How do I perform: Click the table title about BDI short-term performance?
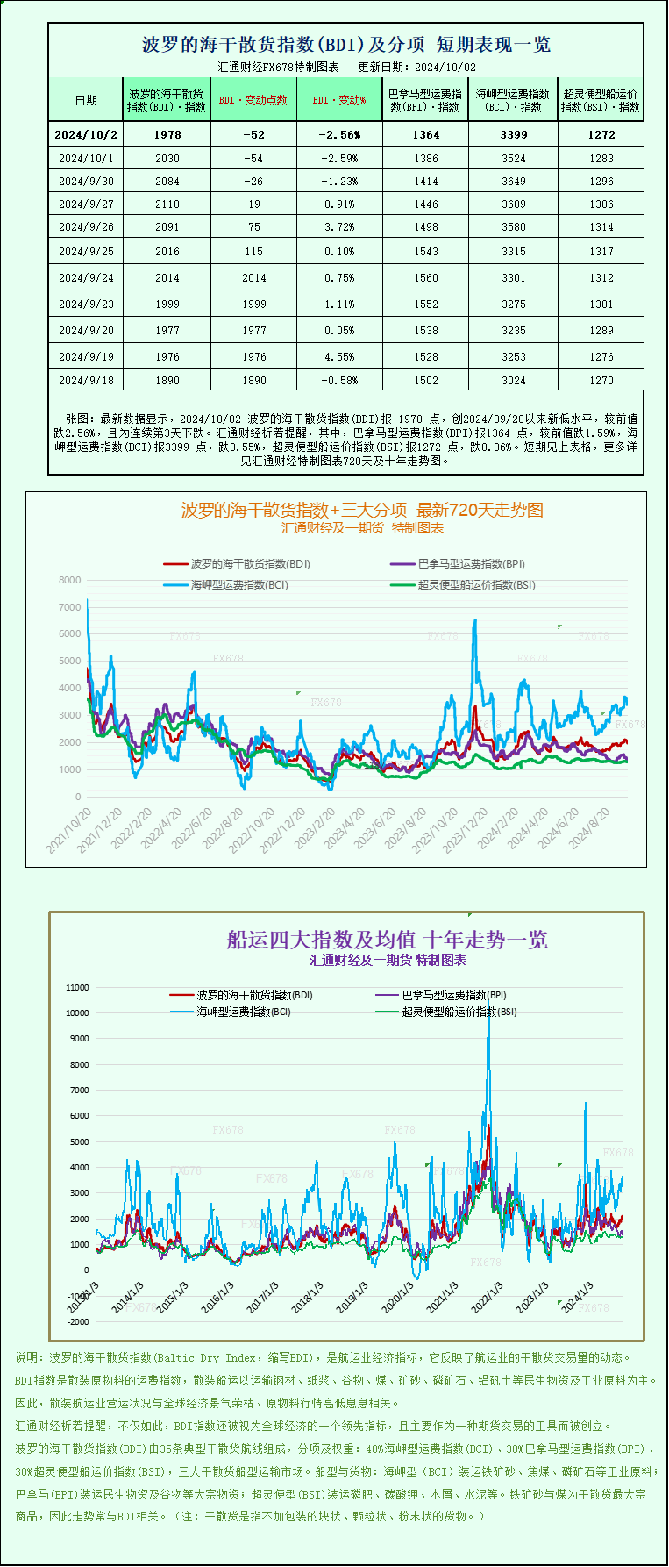(346, 45)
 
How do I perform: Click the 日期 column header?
(86, 101)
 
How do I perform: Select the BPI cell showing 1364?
(426, 134)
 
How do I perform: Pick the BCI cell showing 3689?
(514, 204)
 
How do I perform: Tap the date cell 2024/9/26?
(86, 226)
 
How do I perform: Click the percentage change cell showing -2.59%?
(338, 159)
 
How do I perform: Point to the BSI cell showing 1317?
(601, 251)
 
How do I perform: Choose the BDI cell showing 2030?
(167, 159)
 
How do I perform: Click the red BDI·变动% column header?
(338, 101)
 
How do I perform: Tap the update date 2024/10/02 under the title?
(445, 67)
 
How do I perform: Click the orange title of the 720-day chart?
(362, 510)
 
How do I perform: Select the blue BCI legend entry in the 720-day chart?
(226, 584)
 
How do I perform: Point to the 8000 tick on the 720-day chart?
(70, 580)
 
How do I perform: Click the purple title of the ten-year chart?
(387, 940)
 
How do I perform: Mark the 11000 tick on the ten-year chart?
(77, 987)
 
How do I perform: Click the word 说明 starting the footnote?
(27, 1357)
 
